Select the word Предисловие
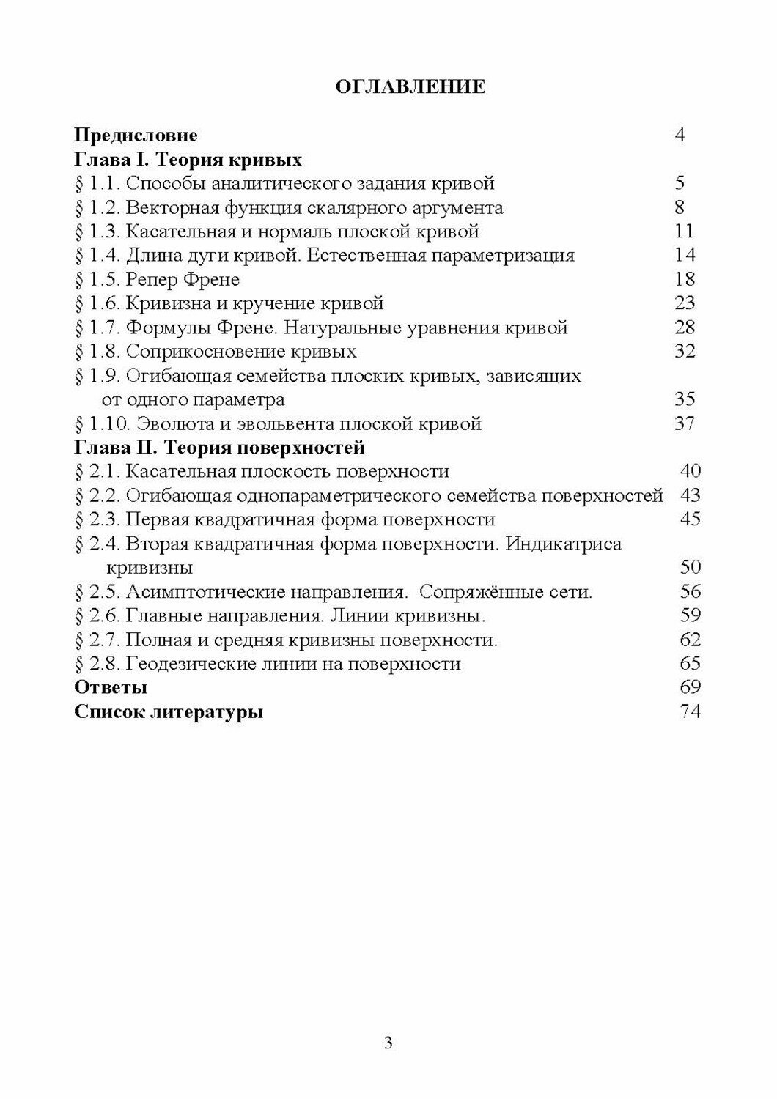[136, 136]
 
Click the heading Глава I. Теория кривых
[188, 160]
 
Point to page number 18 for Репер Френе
[685, 279]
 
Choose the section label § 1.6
[97, 303]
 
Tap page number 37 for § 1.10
[685, 423]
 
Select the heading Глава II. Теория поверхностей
[220, 448]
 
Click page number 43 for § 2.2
[691, 495]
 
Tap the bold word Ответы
[111, 688]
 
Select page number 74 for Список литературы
[691, 711]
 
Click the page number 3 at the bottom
[388, 1043]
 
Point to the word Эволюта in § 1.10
[173, 423]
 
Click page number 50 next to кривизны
[691, 567]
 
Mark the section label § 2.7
[97, 640]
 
